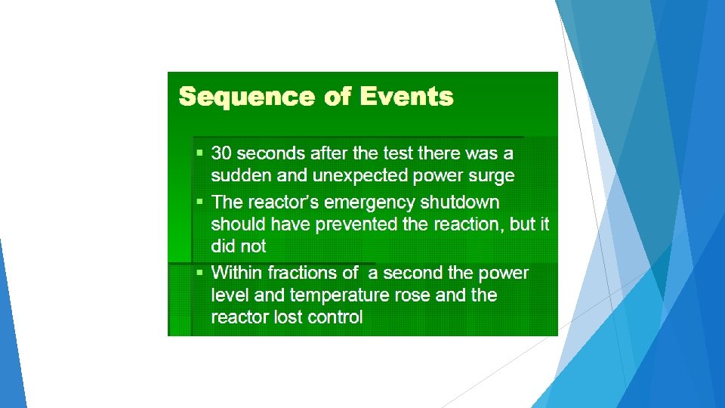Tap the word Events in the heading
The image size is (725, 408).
[406, 97]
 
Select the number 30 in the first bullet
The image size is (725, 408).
[221, 153]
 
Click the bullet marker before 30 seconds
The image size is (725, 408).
[199, 153]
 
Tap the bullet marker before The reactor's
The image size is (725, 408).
[199, 202]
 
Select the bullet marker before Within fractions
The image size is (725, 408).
[199, 272]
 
